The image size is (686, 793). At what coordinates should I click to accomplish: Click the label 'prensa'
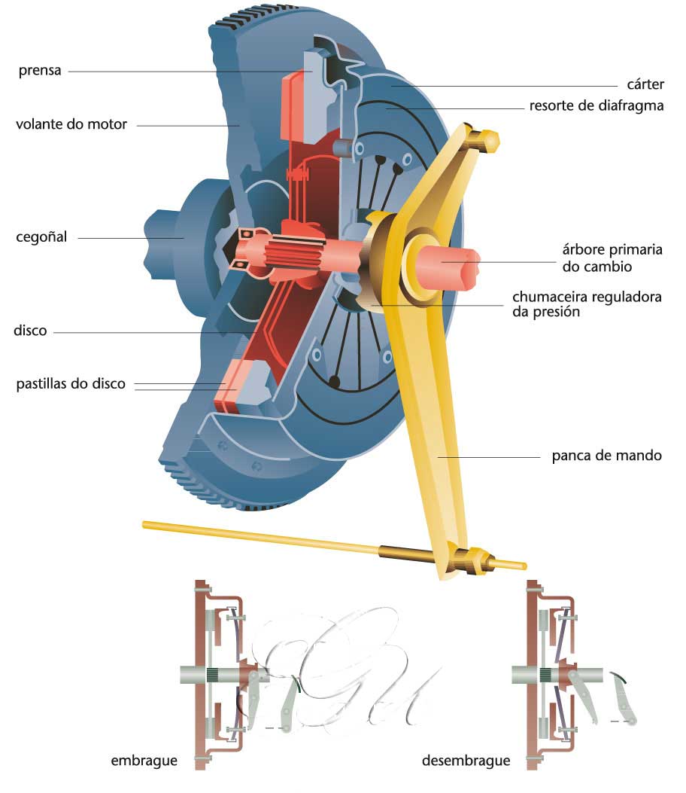point(40,72)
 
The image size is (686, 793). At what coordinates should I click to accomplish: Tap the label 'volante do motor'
point(71,124)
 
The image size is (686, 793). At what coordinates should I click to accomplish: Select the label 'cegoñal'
point(41,237)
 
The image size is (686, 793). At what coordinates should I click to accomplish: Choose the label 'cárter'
point(645,84)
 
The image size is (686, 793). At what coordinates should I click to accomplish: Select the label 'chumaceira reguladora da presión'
point(587,303)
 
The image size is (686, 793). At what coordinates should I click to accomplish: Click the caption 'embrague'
point(144,760)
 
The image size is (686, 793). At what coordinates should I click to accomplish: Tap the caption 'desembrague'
point(466,760)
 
